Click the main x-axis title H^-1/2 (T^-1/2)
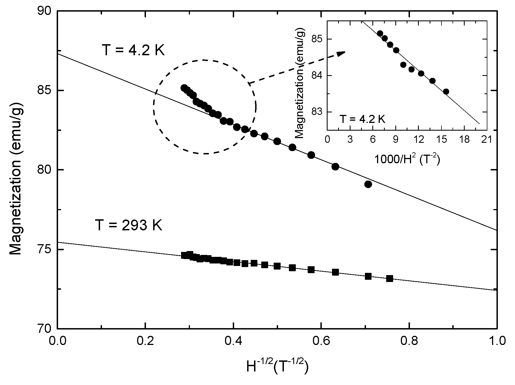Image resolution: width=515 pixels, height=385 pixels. pos(277,366)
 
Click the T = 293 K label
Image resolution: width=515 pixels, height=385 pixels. pos(129,225)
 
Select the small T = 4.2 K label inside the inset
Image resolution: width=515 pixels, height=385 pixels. pos(362,119)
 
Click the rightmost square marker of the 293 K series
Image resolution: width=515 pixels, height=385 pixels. pos(389,278)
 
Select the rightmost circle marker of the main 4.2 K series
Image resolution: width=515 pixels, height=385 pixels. pos(368,184)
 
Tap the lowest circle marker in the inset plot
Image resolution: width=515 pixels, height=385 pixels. pos(446,91)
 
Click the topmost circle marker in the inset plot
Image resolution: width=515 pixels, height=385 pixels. pos(380,33)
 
